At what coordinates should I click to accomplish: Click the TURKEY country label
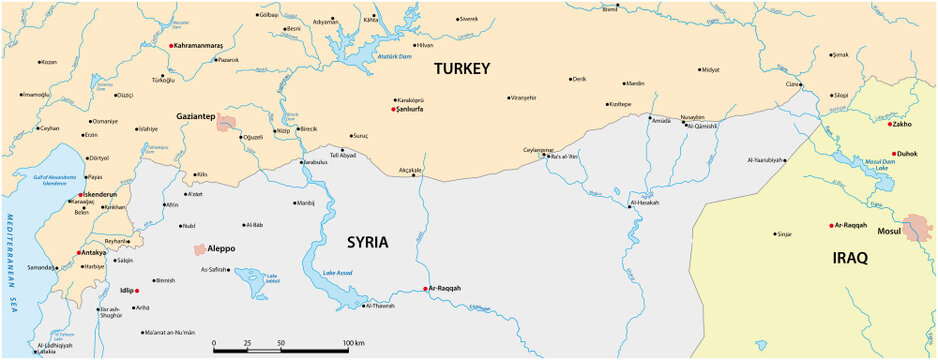coord(461,69)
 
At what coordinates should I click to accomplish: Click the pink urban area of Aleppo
coord(200,248)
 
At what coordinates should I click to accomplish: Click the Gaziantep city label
coord(196,116)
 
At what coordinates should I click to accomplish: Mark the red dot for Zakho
coord(889,125)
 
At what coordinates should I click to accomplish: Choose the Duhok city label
coord(906,155)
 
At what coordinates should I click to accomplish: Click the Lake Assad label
coord(337,273)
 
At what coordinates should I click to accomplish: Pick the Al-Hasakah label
coord(644,203)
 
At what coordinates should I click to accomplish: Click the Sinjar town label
coord(784,234)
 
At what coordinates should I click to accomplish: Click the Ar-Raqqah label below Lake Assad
coord(444,288)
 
